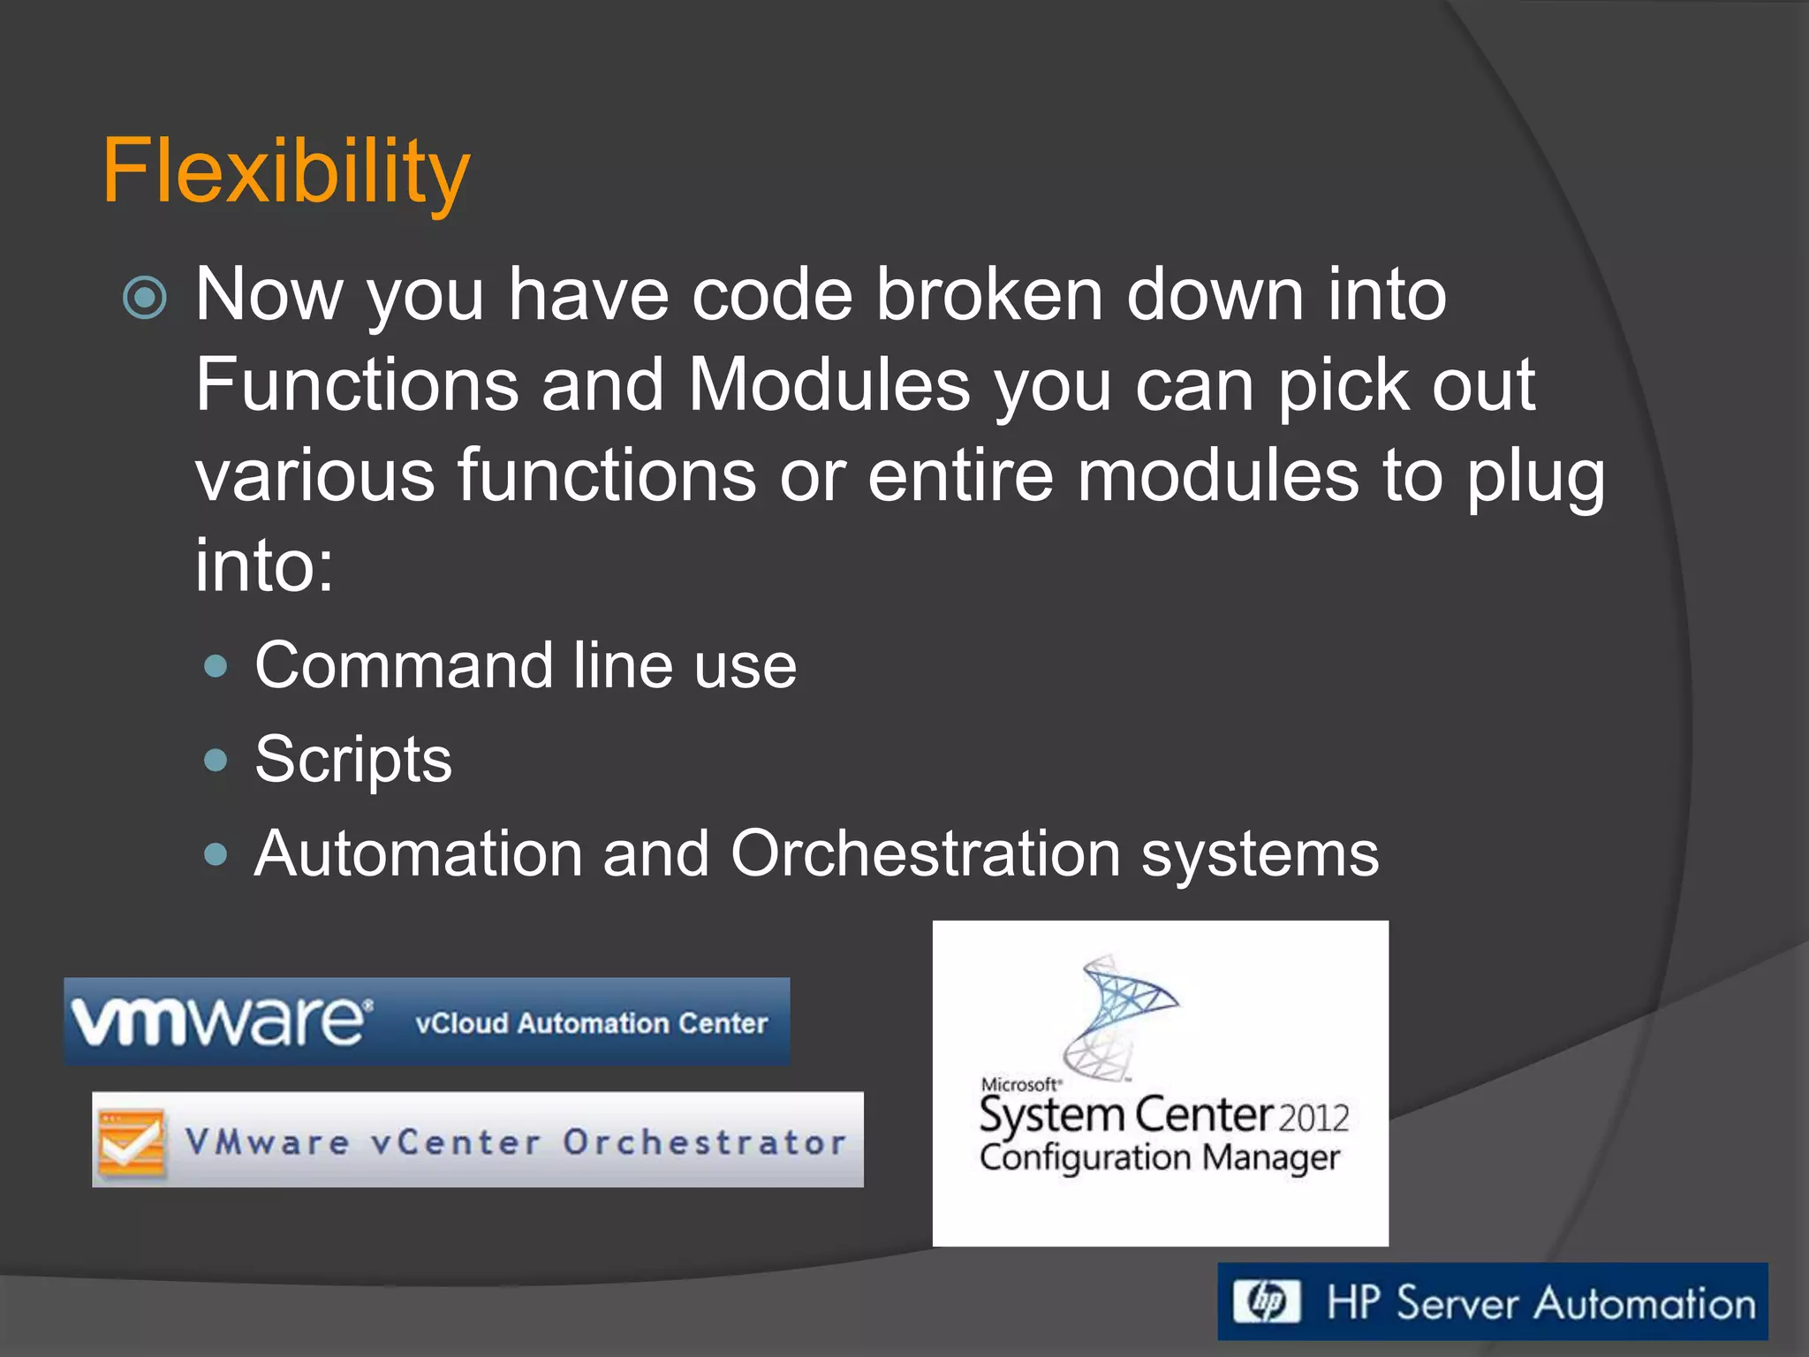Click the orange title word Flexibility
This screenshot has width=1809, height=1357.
coord(285,172)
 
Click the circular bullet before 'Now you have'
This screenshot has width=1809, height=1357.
coord(145,298)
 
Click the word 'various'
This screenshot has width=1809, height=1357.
coord(315,476)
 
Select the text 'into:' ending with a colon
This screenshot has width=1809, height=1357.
coord(264,566)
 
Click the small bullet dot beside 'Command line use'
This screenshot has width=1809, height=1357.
coord(216,666)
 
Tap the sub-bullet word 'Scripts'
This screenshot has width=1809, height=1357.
coord(353,760)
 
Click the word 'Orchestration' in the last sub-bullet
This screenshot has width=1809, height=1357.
coord(925,854)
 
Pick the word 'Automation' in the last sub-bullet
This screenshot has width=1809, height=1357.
coord(418,854)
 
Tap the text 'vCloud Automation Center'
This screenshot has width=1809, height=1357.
coord(591,1023)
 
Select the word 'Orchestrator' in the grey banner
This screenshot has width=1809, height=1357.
coord(704,1142)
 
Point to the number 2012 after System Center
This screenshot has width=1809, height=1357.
coord(1313,1118)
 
